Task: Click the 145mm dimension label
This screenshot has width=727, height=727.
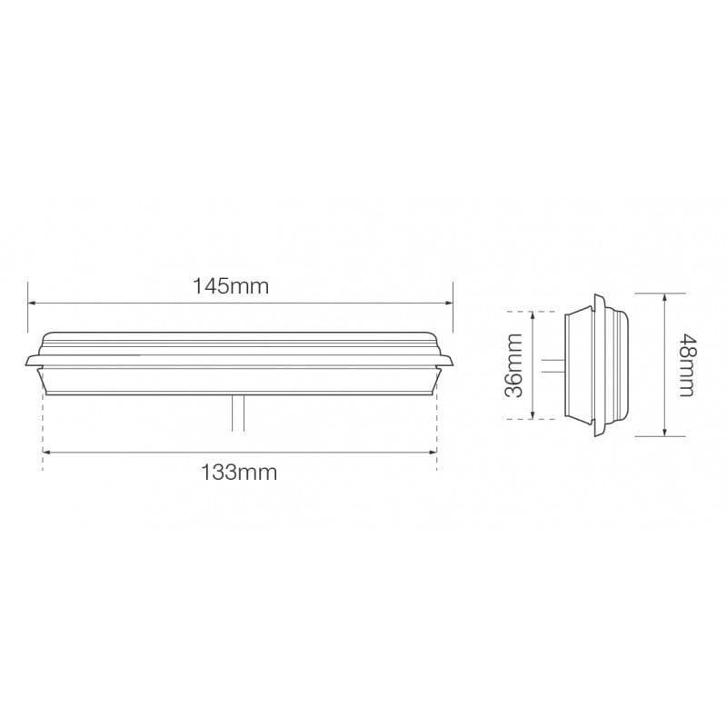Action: [231, 286]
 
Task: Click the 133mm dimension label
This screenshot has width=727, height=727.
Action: [239, 473]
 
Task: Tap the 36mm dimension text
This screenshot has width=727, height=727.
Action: [513, 365]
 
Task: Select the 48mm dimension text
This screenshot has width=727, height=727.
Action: [687, 365]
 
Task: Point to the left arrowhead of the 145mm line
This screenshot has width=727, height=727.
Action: [32, 304]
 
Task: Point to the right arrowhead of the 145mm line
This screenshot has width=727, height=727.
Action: [449, 304]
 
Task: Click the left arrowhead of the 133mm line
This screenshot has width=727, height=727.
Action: [46, 452]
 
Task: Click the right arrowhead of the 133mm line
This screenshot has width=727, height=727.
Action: [433, 452]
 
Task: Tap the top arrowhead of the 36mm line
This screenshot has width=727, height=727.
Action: [533, 315]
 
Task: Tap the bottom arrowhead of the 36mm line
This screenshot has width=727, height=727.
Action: [533, 415]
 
